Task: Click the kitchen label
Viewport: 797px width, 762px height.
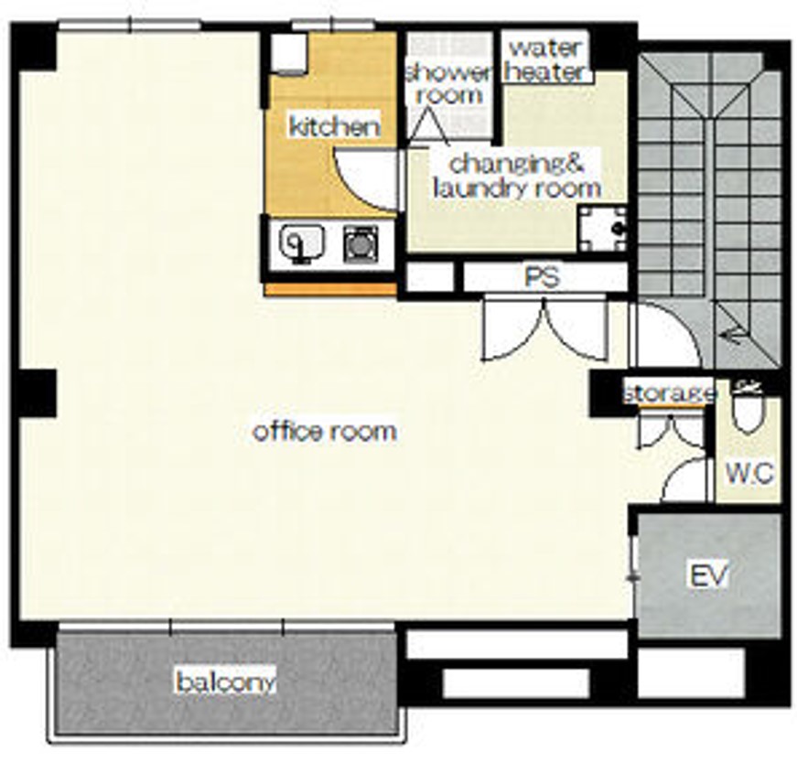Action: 335,126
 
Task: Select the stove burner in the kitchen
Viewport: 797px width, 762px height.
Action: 361,244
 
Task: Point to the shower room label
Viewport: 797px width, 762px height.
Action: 448,83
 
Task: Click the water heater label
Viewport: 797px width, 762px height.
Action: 545,60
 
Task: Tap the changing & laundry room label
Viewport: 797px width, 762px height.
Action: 517,176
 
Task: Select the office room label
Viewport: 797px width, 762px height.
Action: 324,432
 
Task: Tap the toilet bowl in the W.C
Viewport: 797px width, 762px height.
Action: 748,414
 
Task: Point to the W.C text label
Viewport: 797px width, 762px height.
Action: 749,474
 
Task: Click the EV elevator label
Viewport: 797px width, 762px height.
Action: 708,574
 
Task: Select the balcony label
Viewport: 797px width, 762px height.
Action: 226,682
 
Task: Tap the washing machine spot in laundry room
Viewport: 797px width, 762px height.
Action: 603,229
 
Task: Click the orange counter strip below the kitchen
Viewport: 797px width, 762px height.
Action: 330,290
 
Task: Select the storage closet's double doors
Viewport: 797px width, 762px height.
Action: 670,432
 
